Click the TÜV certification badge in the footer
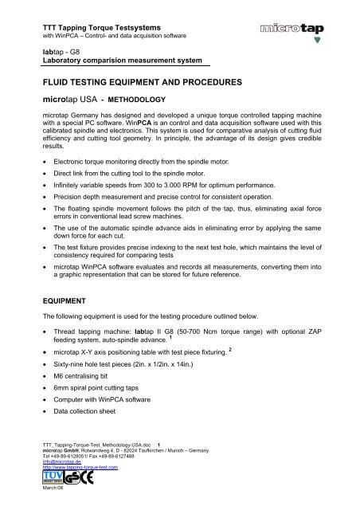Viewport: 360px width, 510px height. pyautogui.click(x=51, y=480)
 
